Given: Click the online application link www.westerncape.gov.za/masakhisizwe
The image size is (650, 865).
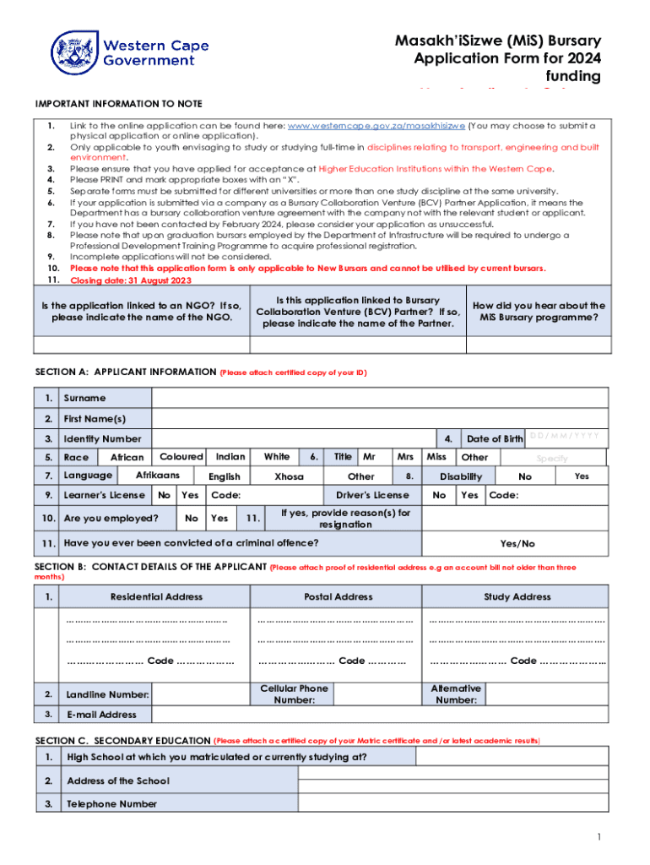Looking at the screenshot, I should (376, 126).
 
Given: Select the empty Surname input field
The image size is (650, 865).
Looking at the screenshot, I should (379, 398).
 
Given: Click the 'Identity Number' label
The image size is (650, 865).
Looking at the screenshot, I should (102, 438).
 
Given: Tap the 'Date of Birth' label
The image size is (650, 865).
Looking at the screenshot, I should (495, 438).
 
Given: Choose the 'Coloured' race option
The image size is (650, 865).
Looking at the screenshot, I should (181, 457).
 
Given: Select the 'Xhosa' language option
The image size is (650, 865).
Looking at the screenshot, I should (290, 476).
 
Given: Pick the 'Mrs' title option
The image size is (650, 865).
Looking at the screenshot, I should (405, 457).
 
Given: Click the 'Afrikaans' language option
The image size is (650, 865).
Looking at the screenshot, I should (158, 476).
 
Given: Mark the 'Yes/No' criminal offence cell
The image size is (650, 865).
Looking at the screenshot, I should (517, 543).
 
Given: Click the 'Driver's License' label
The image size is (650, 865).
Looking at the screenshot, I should (372, 495).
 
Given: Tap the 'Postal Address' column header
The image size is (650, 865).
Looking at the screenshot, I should (338, 596).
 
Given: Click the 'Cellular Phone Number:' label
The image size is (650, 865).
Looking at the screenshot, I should (294, 694).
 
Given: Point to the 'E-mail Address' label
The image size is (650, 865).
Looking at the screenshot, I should (101, 715).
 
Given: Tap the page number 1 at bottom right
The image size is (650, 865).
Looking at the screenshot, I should (598, 837).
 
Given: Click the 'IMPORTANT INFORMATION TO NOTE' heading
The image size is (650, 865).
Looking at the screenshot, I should (118, 104).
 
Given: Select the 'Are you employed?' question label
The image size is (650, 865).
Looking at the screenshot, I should (111, 518).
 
